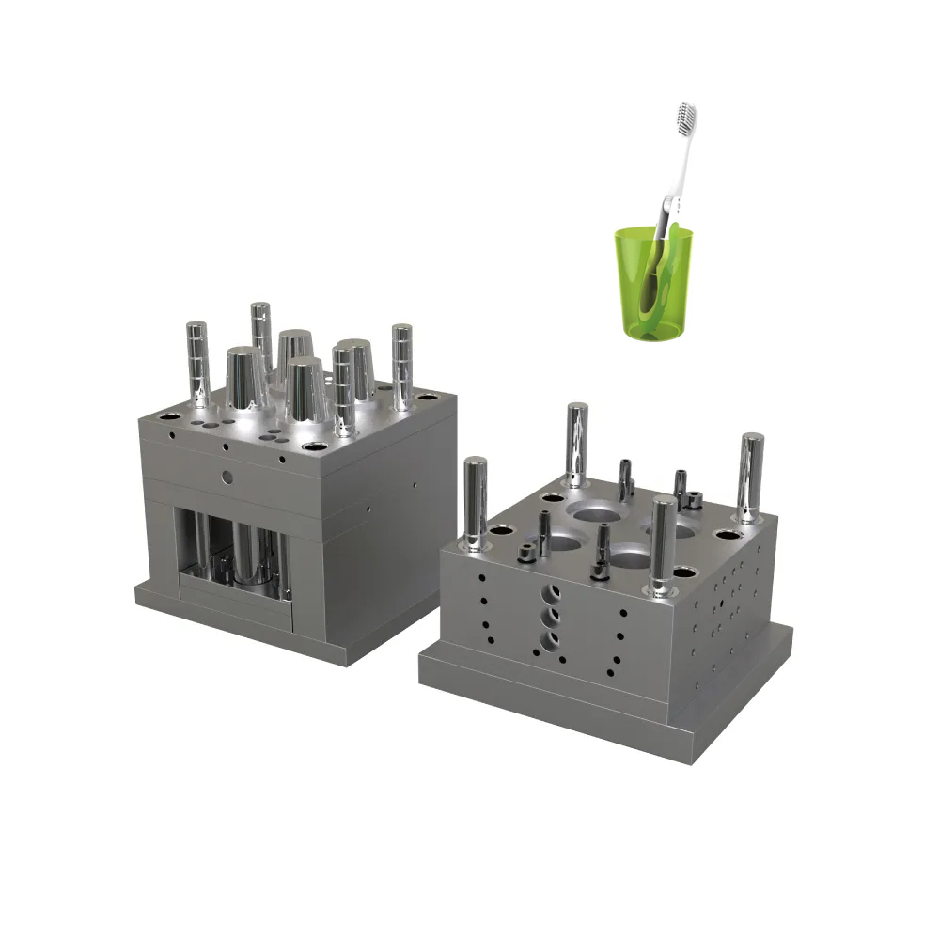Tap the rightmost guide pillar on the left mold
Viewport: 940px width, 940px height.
[x=401, y=367]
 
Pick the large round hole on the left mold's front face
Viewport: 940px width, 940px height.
[x=226, y=477]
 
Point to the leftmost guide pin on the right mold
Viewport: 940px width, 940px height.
[x=477, y=503]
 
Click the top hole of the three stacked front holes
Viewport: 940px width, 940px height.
[x=552, y=594]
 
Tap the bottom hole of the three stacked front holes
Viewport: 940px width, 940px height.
[x=548, y=642]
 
